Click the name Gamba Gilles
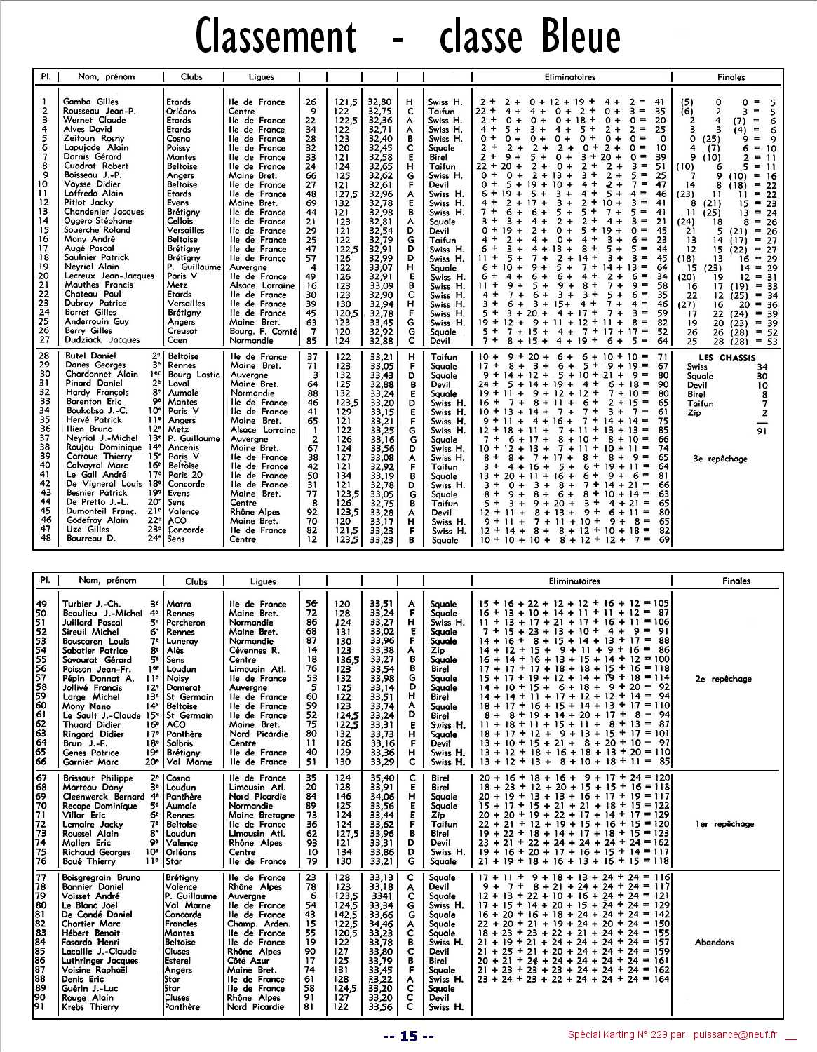pyautogui.click(x=90, y=102)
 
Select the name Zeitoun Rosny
pyautogui.click(x=93, y=139)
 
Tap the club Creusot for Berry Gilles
pyautogui.click(x=182, y=331)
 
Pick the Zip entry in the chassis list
pyautogui.click(x=694, y=413)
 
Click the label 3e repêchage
pyautogui.click(x=720, y=459)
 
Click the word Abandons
pyautogui.click(x=715, y=943)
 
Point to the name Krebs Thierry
pyautogui.click(x=90, y=1007)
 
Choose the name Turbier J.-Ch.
pyautogui.click(x=91, y=604)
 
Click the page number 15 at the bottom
pyautogui.click(x=409, y=1036)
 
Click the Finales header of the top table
pyautogui.click(x=731, y=77)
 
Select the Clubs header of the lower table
pyautogui.click(x=196, y=581)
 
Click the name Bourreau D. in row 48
pyautogui.click(x=91, y=539)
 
